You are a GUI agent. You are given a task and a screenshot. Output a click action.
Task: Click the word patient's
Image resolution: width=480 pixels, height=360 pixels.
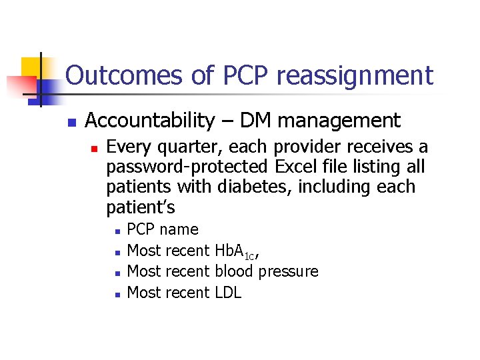(x=140, y=207)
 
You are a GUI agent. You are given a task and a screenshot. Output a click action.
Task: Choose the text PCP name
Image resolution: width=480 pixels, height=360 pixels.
(x=163, y=230)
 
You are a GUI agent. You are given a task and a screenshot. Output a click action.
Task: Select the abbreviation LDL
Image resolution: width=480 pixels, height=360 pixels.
(x=228, y=292)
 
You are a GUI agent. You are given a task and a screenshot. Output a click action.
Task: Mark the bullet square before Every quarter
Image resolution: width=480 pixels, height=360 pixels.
(x=95, y=148)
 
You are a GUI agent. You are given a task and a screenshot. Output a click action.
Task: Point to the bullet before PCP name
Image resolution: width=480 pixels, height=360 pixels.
(x=117, y=231)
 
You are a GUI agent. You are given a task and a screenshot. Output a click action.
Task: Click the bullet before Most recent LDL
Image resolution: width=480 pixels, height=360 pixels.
(x=117, y=293)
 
